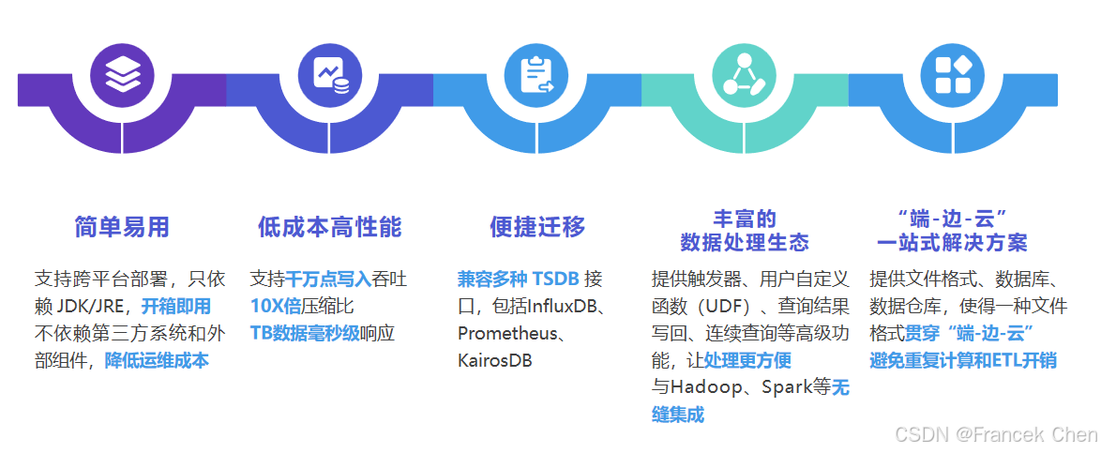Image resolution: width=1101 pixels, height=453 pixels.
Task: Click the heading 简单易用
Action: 122,227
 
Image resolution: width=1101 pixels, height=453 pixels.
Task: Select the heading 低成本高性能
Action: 329,227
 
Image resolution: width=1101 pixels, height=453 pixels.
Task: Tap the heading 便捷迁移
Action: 537,227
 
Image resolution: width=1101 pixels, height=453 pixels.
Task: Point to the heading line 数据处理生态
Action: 745,243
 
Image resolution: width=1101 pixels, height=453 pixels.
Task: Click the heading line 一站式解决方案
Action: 952,243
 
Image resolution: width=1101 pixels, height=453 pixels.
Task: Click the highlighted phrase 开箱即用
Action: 176,307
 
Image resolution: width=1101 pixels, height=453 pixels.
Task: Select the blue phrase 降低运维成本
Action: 157,361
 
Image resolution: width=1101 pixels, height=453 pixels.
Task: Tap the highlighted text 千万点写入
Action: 329,279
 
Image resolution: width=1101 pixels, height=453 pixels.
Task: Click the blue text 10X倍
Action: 277,307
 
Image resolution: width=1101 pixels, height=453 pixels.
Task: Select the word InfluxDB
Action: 562,307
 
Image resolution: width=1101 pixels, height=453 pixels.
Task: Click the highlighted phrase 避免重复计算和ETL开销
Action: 963,361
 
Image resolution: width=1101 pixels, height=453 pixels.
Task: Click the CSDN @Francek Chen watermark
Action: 995,434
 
